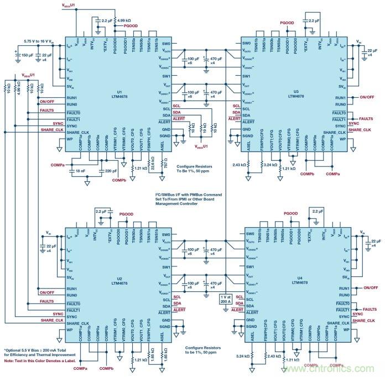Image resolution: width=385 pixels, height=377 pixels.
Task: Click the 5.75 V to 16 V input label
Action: point(40,41)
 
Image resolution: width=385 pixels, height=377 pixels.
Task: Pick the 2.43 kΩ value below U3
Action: point(240,164)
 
